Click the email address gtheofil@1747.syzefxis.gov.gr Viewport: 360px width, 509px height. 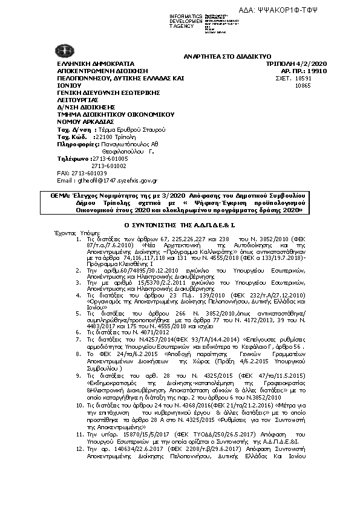(116, 180)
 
